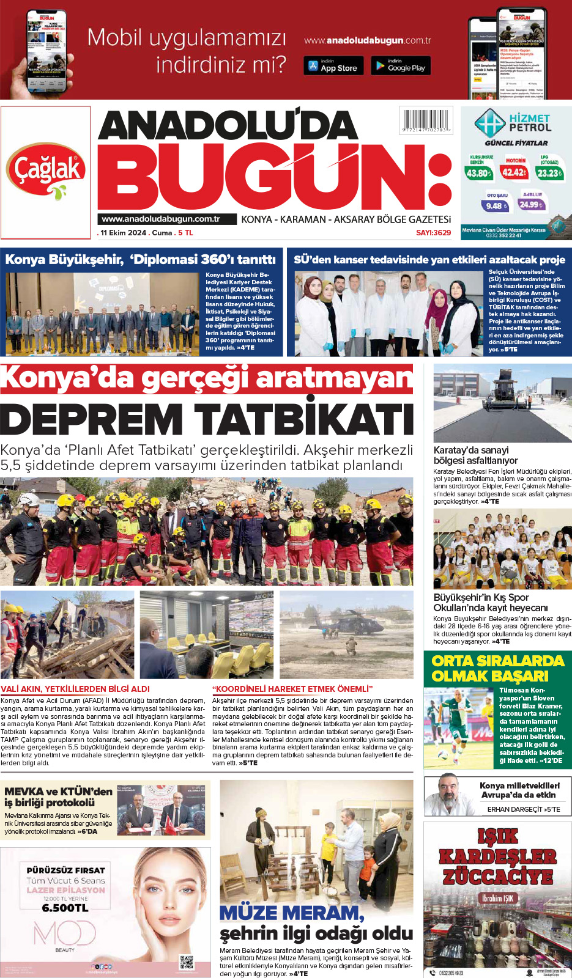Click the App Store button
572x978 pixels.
[333, 65]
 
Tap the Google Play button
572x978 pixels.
[401, 65]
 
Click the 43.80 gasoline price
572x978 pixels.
[479, 173]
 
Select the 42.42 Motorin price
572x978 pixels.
[514, 172]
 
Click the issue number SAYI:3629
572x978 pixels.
[433, 233]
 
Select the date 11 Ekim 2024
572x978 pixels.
[124, 233]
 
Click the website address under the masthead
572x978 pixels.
[161, 219]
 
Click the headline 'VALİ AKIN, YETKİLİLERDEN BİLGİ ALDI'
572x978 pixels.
[75, 689]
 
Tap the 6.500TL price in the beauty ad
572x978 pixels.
[65, 908]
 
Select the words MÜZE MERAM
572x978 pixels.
[291, 913]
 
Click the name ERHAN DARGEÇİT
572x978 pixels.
[514, 809]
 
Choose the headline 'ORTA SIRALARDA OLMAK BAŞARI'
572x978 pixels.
[497, 668]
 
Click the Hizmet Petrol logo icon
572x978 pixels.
[489, 123]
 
